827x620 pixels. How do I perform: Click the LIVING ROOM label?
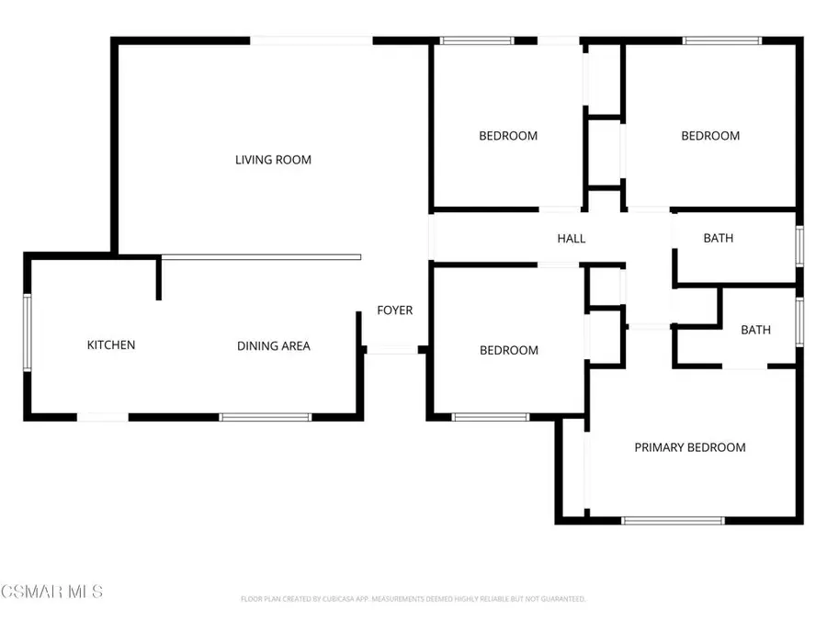point(273,160)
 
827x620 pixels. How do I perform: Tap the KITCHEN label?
point(111,345)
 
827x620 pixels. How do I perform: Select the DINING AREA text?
point(274,346)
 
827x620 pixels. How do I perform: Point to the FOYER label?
point(395,310)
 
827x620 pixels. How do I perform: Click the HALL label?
point(572,239)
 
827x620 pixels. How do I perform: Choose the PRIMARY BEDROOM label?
point(690,447)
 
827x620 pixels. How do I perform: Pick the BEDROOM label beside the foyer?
point(509,351)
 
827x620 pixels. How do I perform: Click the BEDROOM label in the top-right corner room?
point(710,136)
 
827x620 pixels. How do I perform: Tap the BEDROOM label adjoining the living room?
point(508,136)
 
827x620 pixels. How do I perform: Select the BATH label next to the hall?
point(719,239)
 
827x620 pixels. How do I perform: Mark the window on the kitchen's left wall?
point(28,332)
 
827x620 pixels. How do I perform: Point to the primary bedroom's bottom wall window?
point(674,521)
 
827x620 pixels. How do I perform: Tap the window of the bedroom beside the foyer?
point(491,417)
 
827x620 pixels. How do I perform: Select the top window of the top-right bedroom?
point(722,40)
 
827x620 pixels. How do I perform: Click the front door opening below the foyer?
point(392,349)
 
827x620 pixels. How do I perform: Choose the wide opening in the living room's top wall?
point(312,40)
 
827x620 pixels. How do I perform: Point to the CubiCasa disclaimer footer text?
point(413,599)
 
